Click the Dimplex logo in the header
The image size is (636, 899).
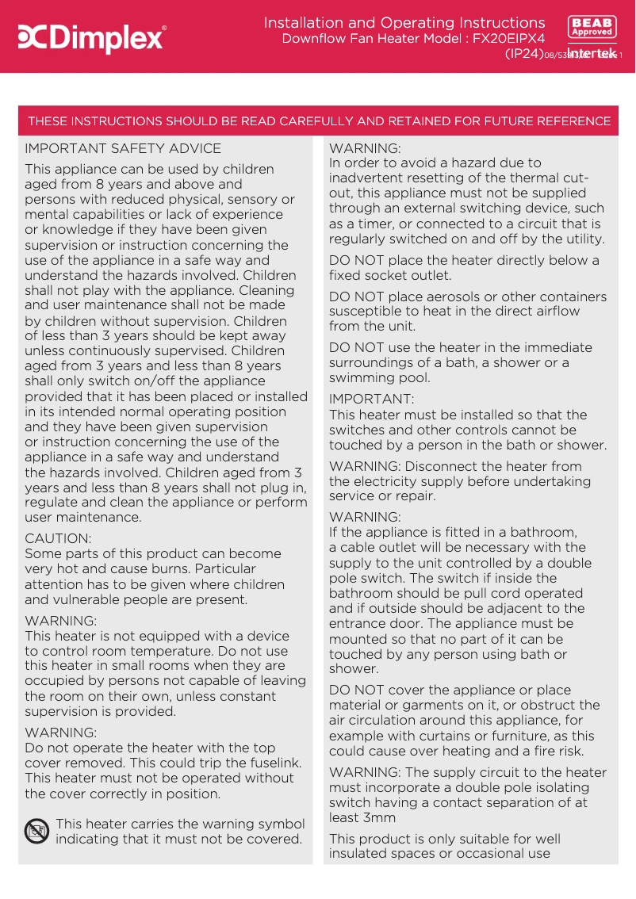pyautogui.click(x=91, y=37)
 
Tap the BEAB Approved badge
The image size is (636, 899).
pyautogui.click(x=592, y=27)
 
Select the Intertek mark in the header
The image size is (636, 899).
pyautogui.click(x=592, y=53)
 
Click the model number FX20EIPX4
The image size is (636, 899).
pyautogui.click(x=509, y=38)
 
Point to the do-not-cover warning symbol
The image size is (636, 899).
pyautogui.click(x=36, y=831)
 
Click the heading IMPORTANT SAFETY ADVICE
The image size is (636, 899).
pyautogui.click(x=123, y=148)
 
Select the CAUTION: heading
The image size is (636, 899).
pyautogui.click(x=58, y=538)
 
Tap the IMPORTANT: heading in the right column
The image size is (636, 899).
pyautogui.click(x=371, y=399)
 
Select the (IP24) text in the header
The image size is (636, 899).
pyautogui.click(x=524, y=53)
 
